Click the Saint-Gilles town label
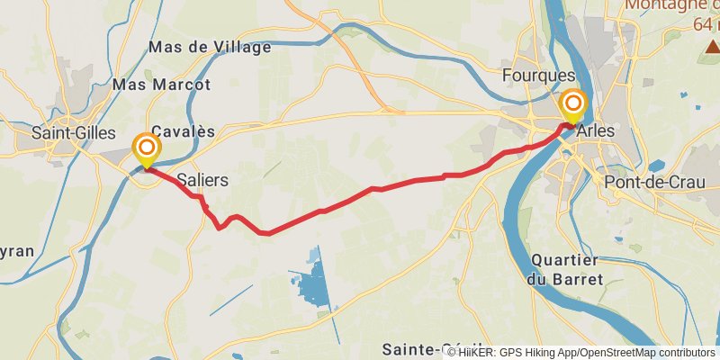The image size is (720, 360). pyautogui.click(x=74, y=133)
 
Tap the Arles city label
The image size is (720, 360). pyautogui.click(x=596, y=131)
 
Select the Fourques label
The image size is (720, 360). pyautogui.click(x=539, y=76)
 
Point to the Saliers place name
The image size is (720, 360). pyautogui.click(x=202, y=180)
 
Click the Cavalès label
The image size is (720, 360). pyautogui.click(x=184, y=131)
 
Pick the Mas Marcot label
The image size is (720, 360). pyautogui.click(x=162, y=85)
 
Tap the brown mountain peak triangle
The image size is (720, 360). pyautogui.click(x=714, y=46)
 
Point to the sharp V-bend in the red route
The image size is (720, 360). pyautogui.click(x=220, y=228)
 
